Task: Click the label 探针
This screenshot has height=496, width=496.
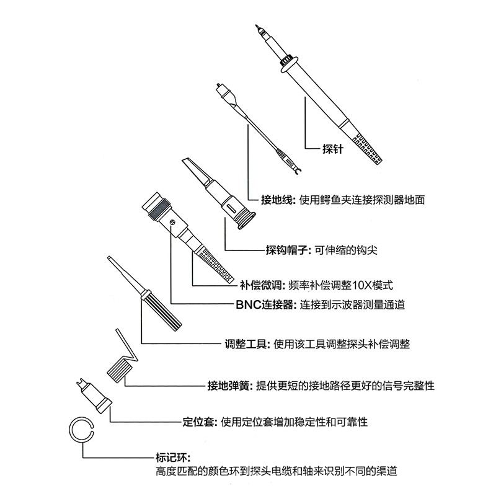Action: click(x=332, y=149)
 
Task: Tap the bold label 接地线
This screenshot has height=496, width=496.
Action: click(x=277, y=200)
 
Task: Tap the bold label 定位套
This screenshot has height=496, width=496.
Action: click(x=200, y=422)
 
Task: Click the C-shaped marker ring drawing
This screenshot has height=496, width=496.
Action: click(x=69, y=429)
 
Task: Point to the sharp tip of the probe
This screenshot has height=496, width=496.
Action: click(x=256, y=26)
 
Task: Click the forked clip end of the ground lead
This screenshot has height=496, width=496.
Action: click(x=296, y=172)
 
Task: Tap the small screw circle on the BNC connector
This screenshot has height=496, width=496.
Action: click(x=172, y=222)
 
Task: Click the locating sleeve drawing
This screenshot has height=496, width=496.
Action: click(x=94, y=396)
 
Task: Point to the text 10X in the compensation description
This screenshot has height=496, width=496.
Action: click(x=362, y=286)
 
